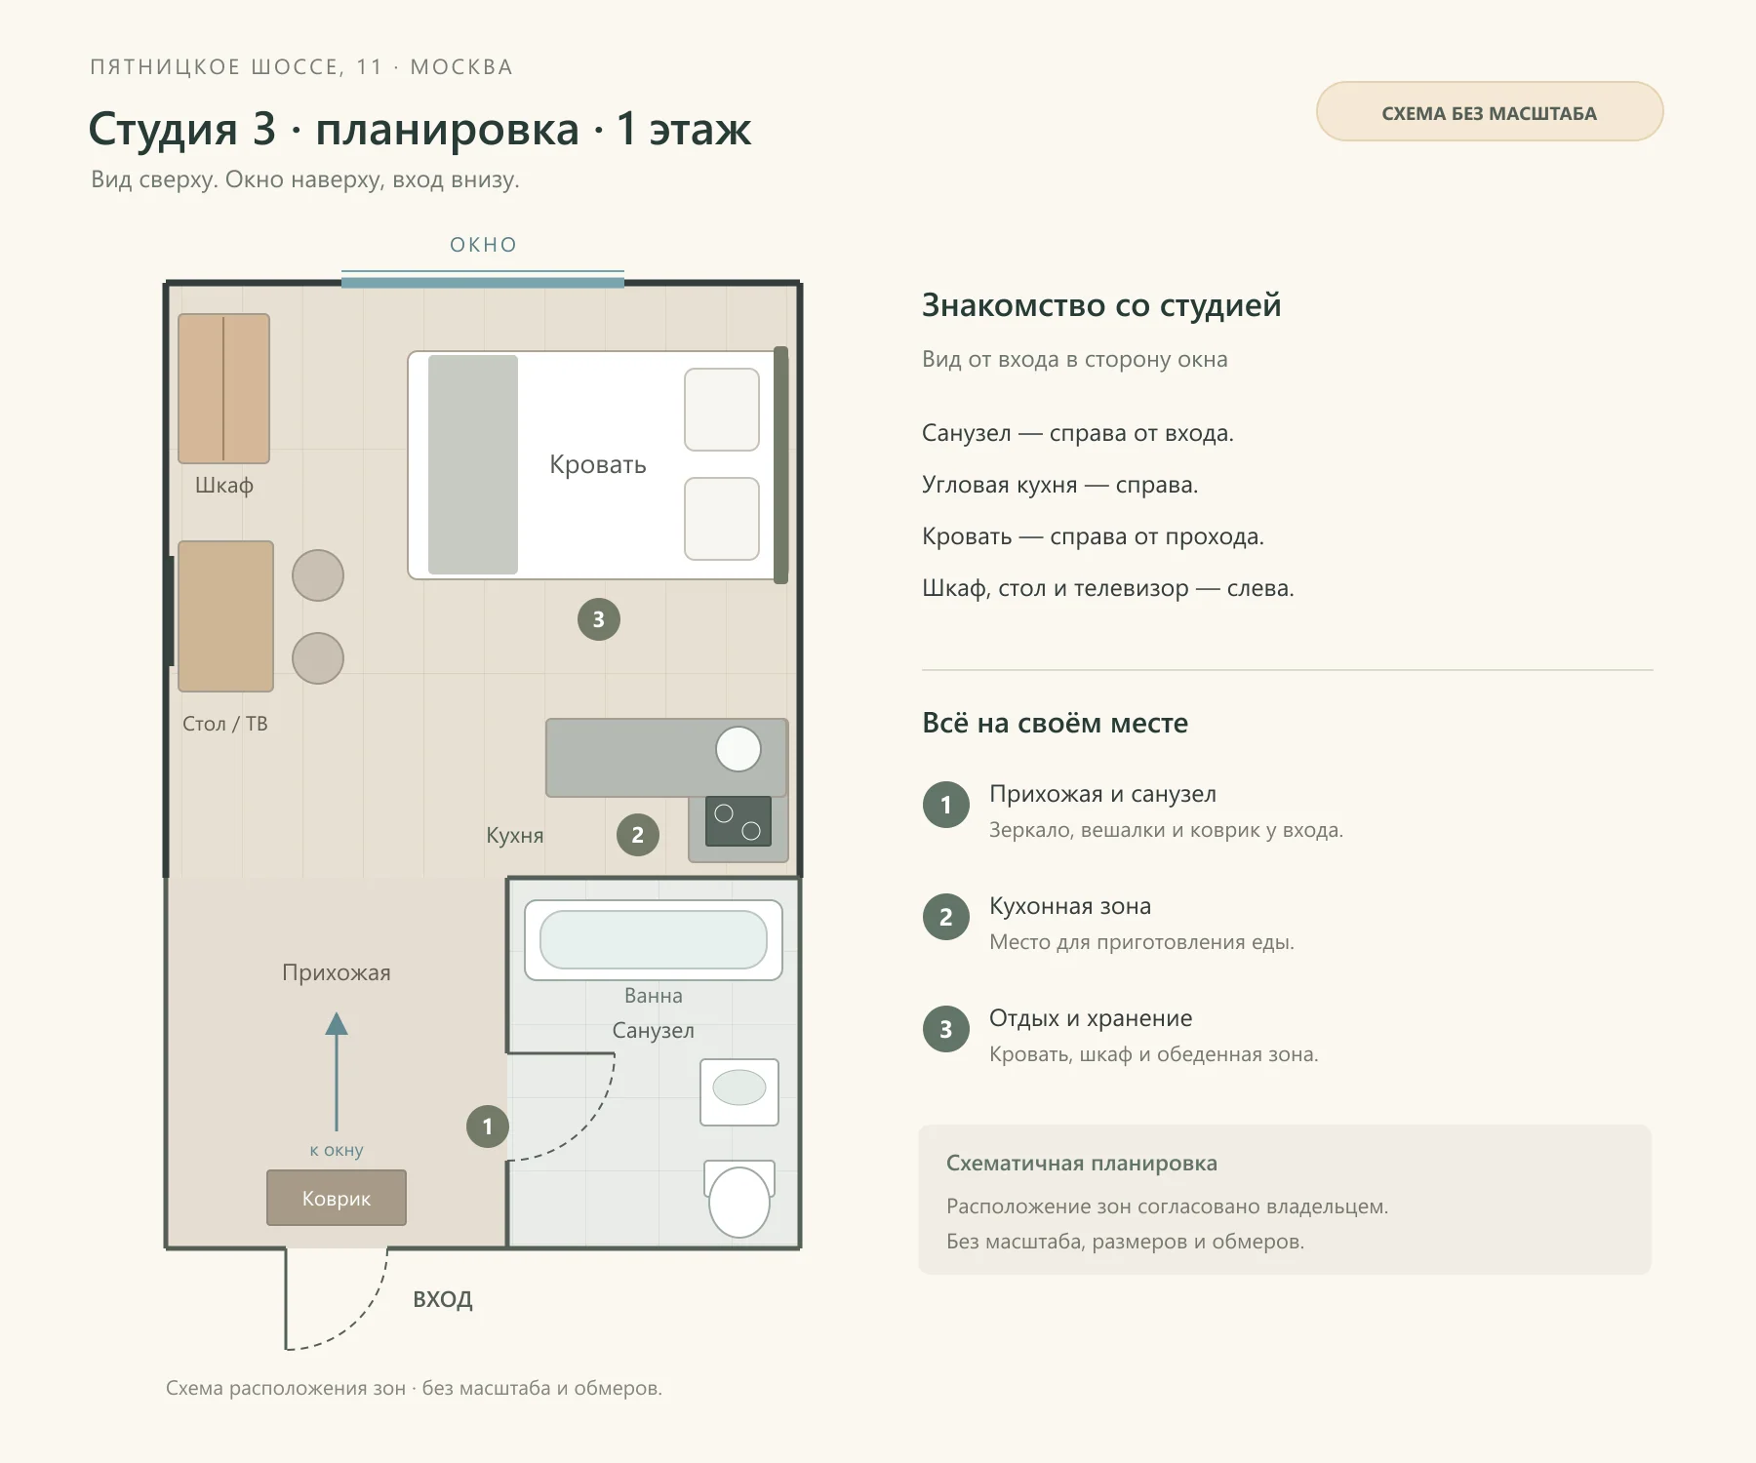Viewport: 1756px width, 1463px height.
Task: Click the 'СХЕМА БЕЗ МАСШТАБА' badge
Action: pos(1490,111)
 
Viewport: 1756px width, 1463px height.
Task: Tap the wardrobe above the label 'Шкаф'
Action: pos(223,388)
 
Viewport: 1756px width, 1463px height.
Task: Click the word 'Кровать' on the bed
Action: pos(598,464)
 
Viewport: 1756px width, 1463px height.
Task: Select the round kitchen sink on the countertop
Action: pos(738,750)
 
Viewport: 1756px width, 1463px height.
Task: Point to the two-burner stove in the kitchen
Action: pos(738,821)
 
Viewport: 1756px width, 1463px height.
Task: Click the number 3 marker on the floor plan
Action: pos(599,619)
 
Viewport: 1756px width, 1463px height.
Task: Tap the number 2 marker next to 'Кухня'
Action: pos(638,835)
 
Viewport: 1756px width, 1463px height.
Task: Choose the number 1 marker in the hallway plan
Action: pos(488,1127)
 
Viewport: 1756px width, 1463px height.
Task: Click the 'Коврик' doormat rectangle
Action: pos(337,1198)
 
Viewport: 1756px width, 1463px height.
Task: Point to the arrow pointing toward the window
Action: pos(337,1071)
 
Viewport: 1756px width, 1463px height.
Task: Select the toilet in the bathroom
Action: pos(739,1199)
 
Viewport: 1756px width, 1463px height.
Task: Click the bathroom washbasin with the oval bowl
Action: pos(739,1092)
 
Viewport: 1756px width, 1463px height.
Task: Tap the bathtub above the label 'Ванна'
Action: pos(654,940)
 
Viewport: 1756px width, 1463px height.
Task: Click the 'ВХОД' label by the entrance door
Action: pos(443,1299)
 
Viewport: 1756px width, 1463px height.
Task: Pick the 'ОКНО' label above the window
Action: pos(484,245)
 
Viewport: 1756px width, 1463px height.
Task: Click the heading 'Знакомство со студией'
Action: pos(1101,305)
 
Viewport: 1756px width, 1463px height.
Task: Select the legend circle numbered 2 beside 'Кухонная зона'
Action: pos(946,917)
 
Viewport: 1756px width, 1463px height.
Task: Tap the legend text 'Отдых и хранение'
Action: pos(1091,1018)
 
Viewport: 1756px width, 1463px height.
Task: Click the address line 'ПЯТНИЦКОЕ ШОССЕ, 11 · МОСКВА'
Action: pos(301,67)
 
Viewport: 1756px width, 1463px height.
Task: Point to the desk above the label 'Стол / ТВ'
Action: pos(225,616)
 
